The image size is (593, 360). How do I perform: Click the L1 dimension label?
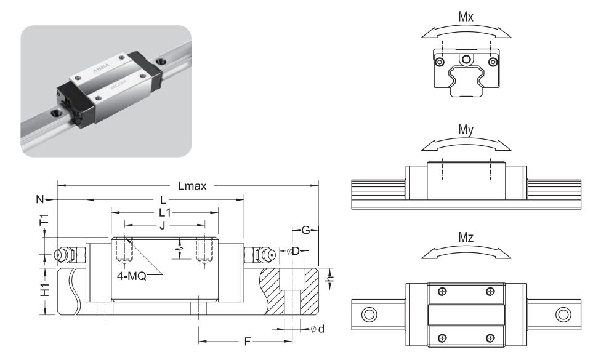pos(164,212)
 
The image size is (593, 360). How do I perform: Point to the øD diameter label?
pos(292,251)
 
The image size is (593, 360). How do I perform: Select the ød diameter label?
pos(318,329)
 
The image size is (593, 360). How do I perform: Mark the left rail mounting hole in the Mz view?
pos(369,314)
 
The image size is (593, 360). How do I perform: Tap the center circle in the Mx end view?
pos(466,59)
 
